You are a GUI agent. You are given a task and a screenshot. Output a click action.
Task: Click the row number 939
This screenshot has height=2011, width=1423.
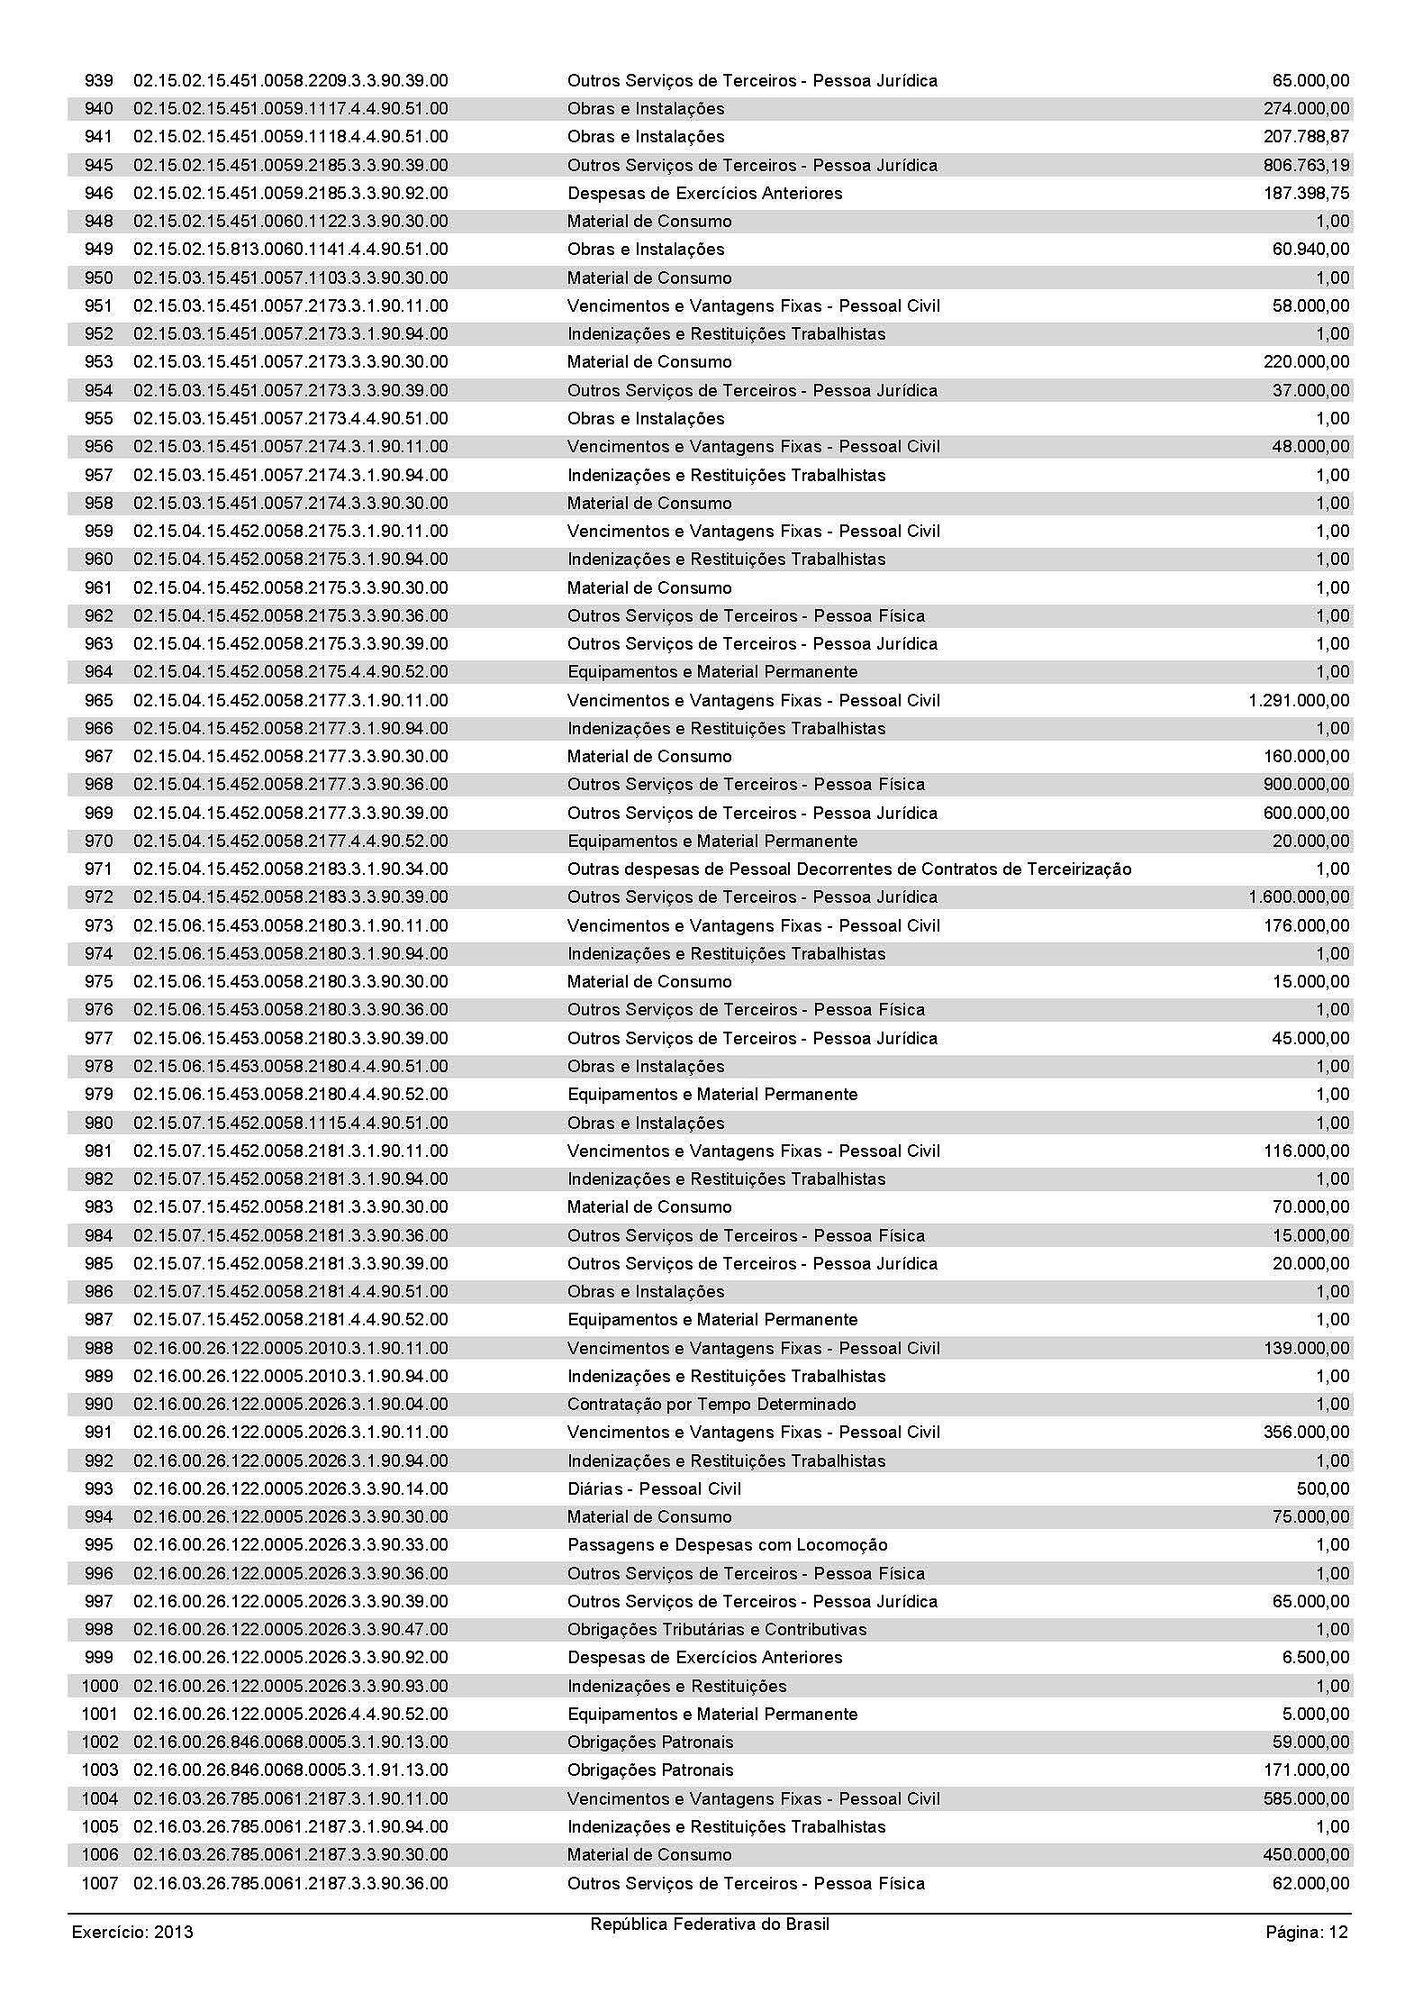pyautogui.click(x=98, y=81)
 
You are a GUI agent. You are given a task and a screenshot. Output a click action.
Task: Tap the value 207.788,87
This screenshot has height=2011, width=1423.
pyautogui.click(x=1306, y=137)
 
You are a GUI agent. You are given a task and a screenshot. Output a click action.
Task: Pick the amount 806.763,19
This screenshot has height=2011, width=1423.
pyautogui.click(x=1306, y=166)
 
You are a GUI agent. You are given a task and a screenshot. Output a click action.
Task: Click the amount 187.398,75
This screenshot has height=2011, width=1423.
pyautogui.click(x=1306, y=194)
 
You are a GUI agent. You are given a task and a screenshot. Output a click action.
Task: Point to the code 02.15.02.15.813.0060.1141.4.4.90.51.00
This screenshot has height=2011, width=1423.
pyautogui.click(x=290, y=250)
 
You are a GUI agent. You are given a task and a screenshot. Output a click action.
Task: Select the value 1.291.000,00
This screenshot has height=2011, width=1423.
pyautogui.click(x=1299, y=701)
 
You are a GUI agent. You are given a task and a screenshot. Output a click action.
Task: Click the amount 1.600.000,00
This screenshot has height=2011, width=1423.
pyautogui.click(x=1299, y=897)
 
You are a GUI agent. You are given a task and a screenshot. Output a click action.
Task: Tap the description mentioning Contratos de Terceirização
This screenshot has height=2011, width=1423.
pyautogui.click(x=848, y=869)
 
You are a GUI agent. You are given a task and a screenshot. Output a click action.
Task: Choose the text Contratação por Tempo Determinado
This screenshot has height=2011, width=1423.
pyautogui.click(x=711, y=1405)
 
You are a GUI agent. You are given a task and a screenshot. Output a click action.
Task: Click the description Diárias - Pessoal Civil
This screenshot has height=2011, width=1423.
pyautogui.click(x=654, y=1489)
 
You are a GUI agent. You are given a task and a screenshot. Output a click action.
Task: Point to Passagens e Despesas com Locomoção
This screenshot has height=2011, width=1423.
pyautogui.click(x=727, y=1545)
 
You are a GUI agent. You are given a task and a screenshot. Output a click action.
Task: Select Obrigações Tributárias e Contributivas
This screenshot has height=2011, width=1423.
pyautogui.click(x=717, y=1630)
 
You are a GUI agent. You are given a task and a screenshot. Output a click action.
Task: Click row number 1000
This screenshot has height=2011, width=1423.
pyautogui.click(x=99, y=1687)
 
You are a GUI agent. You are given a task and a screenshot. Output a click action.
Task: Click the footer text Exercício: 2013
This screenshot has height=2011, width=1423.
pyautogui.click(x=132, y=1932)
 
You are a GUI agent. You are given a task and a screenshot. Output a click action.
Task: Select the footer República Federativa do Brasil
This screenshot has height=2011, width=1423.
pyautogui.click(x=710, y=1925)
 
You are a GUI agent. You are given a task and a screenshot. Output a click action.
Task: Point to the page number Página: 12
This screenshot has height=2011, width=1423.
pyautogui.click(x=1307, y=1932)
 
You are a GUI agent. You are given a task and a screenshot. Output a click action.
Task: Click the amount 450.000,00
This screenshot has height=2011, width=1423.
pyautogui.click(x=1306, y=1855)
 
